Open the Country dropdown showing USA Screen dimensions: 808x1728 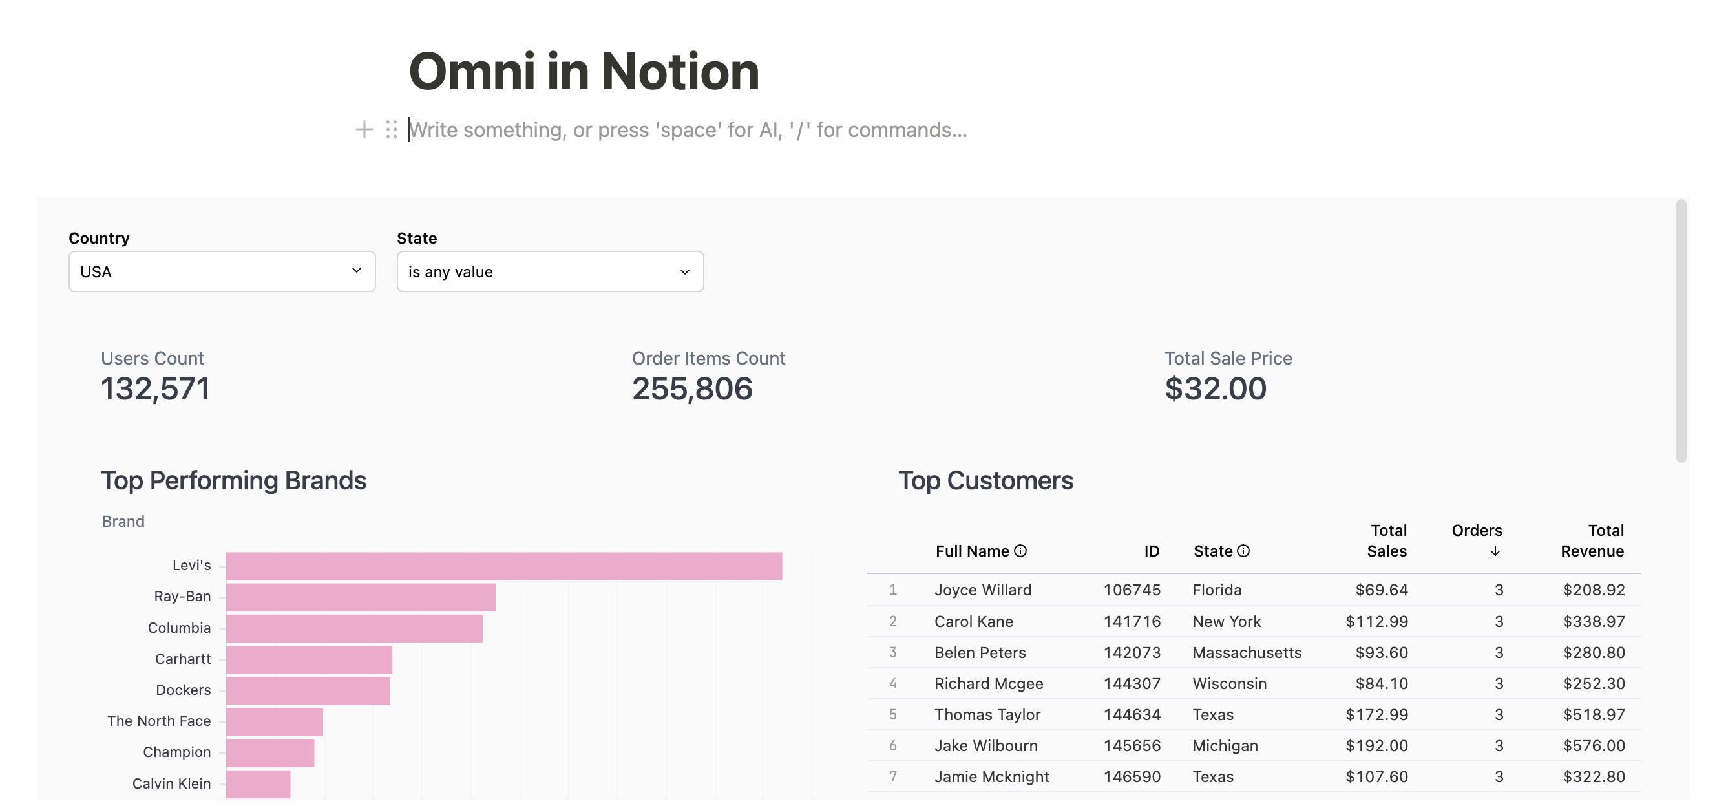[222, 271]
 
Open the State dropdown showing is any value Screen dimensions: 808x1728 [549, 271]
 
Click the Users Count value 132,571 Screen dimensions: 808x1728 [155, 389]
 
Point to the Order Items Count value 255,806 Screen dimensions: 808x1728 [691, 389]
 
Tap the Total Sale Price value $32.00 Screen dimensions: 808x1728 [1215, 389]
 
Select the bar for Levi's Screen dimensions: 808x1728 [503, 566]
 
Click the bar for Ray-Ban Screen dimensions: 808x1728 [361, 597]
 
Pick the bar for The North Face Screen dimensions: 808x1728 [275, 722]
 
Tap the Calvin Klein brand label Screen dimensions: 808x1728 [171, 784]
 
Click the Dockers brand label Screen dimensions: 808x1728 [183, 690]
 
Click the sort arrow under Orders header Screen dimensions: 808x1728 [1495, 551]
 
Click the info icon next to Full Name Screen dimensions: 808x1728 [1020, 551]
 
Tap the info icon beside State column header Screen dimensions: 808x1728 [1243, 551]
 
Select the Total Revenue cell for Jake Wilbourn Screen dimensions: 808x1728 [1593, 745]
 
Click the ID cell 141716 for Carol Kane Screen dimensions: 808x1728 [1132, 621]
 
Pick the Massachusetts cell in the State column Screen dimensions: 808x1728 [1247, 652]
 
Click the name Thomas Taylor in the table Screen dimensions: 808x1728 [987, 715]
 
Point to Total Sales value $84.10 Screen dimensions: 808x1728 [1381, 684]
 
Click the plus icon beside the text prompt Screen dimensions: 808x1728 [364, 129]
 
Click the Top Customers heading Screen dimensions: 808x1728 [985, 481]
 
